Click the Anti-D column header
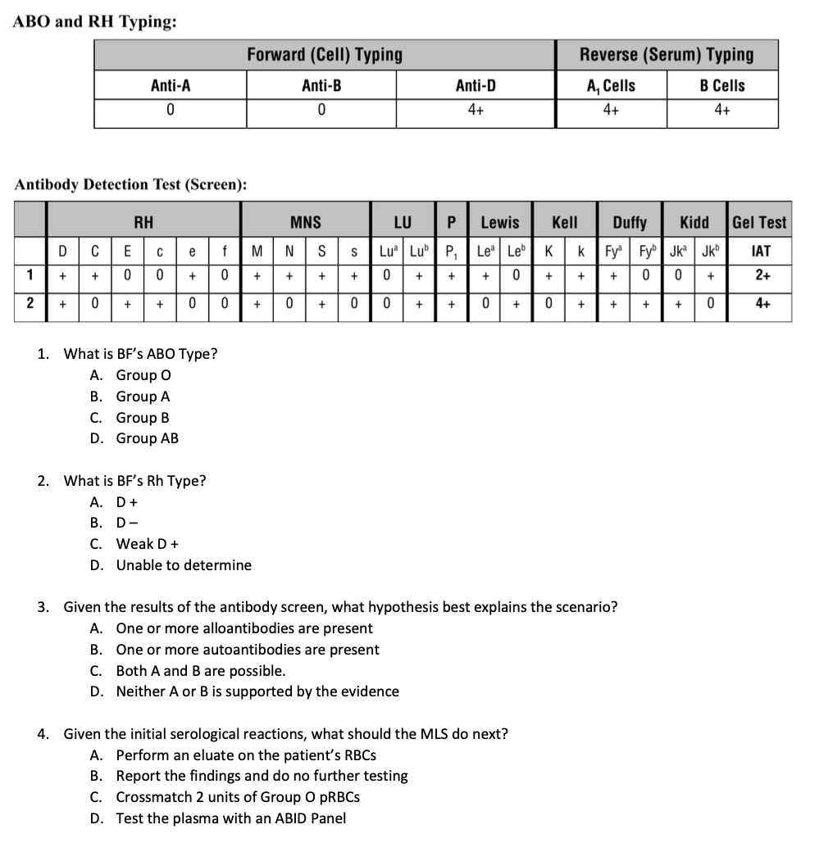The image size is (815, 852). (x=475, y=85)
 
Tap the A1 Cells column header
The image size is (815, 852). (x=610, y=85)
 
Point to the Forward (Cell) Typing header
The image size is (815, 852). (x=325, y=55)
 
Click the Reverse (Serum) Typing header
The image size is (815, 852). (x=666, y=55)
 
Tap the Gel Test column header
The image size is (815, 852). (x=759, y=222)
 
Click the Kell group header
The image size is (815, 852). (x=564, y=222)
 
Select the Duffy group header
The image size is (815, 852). (x=630, y=222)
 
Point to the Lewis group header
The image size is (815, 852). (x=499, y=222)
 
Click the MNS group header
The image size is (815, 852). (x=305, y=222)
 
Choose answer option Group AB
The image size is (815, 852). (x=147, y=438)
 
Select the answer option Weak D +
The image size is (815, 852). (x=148, y=544)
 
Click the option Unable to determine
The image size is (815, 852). (x=184, y=565)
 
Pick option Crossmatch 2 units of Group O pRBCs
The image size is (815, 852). (x=238, y=797)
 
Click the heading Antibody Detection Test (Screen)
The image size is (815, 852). (x=131, y=184)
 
